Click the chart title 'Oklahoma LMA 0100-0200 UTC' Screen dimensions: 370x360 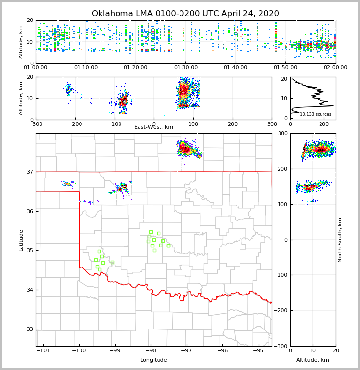tap(185, 14)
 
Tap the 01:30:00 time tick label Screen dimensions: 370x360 tap(186, 68)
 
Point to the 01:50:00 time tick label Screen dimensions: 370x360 tap(285, 68)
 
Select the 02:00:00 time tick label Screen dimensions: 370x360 tap(336, 68)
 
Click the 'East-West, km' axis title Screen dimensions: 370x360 tap(154, 127)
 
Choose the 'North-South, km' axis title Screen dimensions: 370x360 tap(340, 240)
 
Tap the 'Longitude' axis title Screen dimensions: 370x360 tap(154, 360)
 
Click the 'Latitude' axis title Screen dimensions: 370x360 tap(21, 240)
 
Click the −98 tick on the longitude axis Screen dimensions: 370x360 tap(151, 350)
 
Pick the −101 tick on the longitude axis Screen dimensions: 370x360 tap(43, 350)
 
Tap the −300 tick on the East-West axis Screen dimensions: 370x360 tap(36, 124)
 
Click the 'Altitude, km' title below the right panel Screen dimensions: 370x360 tap(313, 360)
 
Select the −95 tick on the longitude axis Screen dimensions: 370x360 tap(258, 350)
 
